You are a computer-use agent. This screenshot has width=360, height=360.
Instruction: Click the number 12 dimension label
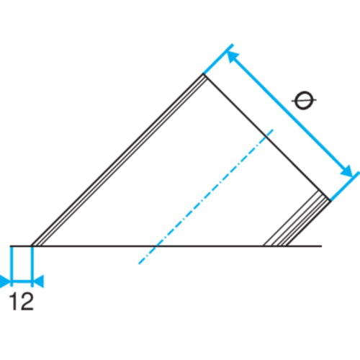click(21, 301)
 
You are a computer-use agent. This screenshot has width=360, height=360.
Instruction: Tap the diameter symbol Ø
click(304, 100)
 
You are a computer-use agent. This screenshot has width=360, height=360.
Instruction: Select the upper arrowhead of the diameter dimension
click(233, 57)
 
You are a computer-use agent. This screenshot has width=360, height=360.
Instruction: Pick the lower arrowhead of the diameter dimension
click(346, 171)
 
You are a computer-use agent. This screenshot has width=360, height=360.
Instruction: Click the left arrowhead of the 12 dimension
click(5, 281)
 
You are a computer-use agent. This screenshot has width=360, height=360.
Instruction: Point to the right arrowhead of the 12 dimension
click(38, 281)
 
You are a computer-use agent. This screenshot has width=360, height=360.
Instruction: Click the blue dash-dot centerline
click(206, 197)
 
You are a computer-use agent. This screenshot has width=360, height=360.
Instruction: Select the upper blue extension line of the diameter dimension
click(218, 59)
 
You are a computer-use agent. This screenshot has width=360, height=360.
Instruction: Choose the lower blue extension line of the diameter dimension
click(345, 186)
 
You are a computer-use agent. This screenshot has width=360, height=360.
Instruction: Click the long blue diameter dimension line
click(289, 114)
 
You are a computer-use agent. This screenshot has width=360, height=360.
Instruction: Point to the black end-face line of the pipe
click(267, 138)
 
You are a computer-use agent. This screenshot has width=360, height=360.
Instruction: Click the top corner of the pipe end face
click(204, 74)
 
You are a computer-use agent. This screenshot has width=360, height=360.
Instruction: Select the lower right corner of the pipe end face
click(330, 201)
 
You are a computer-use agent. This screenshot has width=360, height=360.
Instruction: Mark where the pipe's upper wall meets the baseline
click(32, 246)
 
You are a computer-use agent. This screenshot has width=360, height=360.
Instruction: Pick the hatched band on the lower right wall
click(297, 218)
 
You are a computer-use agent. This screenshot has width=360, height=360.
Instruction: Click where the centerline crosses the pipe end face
click(266, 137)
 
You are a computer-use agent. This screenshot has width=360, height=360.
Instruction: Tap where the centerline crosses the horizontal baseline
click(156, 246)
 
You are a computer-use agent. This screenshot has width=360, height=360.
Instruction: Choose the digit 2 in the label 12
click(27, 301)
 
